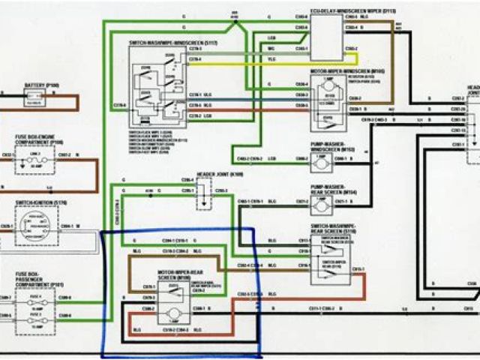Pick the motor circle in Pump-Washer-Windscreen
(x=327, y=160)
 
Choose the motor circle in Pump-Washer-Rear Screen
(x=327, y=202)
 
